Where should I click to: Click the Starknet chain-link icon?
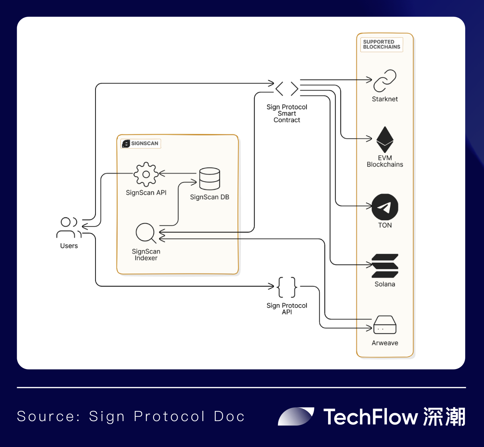point(385,81)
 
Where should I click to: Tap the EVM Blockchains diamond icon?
point(385,139)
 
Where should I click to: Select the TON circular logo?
point(385,207)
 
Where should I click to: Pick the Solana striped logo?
point(385,266)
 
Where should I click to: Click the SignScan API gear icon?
point(146,174)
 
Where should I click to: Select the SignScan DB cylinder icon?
point(210,179)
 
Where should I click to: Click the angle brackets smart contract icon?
point(287,88)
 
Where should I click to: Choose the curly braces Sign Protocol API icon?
point(287,287)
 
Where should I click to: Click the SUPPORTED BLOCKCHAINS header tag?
point(381,44)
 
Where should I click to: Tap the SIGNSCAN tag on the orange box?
point(141,143)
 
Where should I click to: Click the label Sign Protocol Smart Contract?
point(287,113)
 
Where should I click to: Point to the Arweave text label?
point(385,343)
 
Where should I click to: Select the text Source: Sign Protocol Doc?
point(131,416)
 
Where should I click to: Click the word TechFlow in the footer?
point(370,417)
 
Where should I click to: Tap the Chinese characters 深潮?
point(444,417)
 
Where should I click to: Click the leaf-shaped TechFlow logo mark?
point(295,416)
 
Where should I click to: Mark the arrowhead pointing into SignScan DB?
point(194,182)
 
